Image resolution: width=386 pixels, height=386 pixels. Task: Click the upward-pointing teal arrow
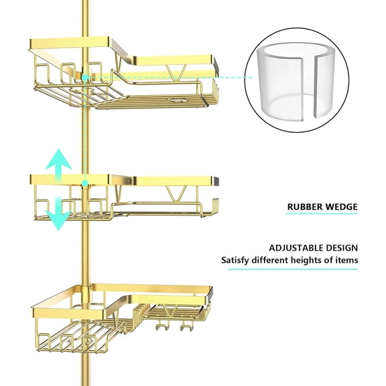(x=59, y=162)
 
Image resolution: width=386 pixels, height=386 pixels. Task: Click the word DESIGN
(x=342, y=247)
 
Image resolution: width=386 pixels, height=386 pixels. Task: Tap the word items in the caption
(x=346, y=260)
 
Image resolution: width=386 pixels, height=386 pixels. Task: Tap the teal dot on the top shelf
(x=86, y=78)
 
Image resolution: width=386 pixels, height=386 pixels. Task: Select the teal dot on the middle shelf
(x=85, y=182)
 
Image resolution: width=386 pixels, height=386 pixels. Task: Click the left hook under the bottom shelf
(x=159, y=328)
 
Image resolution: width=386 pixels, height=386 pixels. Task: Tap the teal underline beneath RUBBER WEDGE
(x=322, y=214)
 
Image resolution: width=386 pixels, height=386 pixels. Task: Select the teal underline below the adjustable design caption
(x=302, y=269)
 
